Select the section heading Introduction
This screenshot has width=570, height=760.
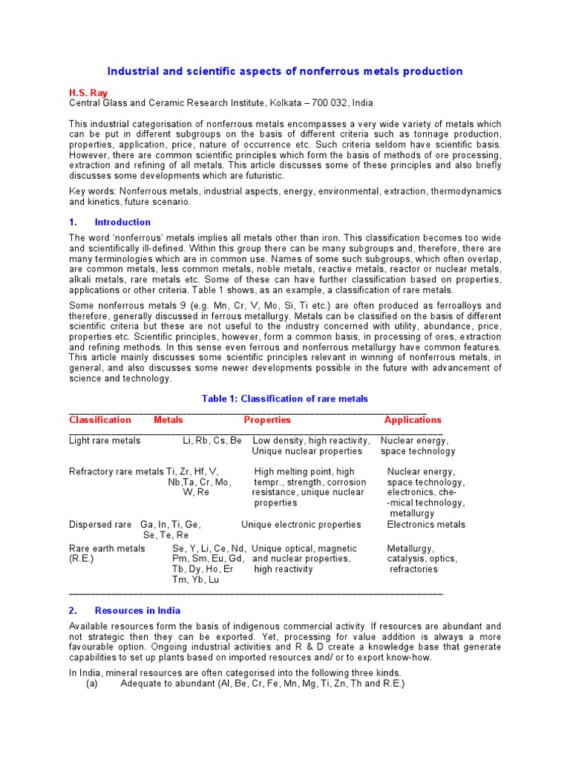pos(122,222)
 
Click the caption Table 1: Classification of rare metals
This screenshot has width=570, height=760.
pos(285,399)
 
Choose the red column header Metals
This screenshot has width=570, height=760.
pos(168,420)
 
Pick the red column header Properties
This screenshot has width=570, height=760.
pos(267,420)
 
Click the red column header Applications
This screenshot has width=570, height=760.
pos(413,420)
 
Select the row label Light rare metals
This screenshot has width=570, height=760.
pos(105,441)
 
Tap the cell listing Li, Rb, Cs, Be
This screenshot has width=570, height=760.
pos(212,441)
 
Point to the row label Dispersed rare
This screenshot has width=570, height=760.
pos(100,525)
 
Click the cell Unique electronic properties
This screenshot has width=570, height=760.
pos(301,525)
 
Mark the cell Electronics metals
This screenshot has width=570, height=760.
pos(426,525)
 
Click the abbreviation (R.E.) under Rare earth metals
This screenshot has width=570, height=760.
pos(82,559)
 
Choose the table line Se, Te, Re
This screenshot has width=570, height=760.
pos(166,535)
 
